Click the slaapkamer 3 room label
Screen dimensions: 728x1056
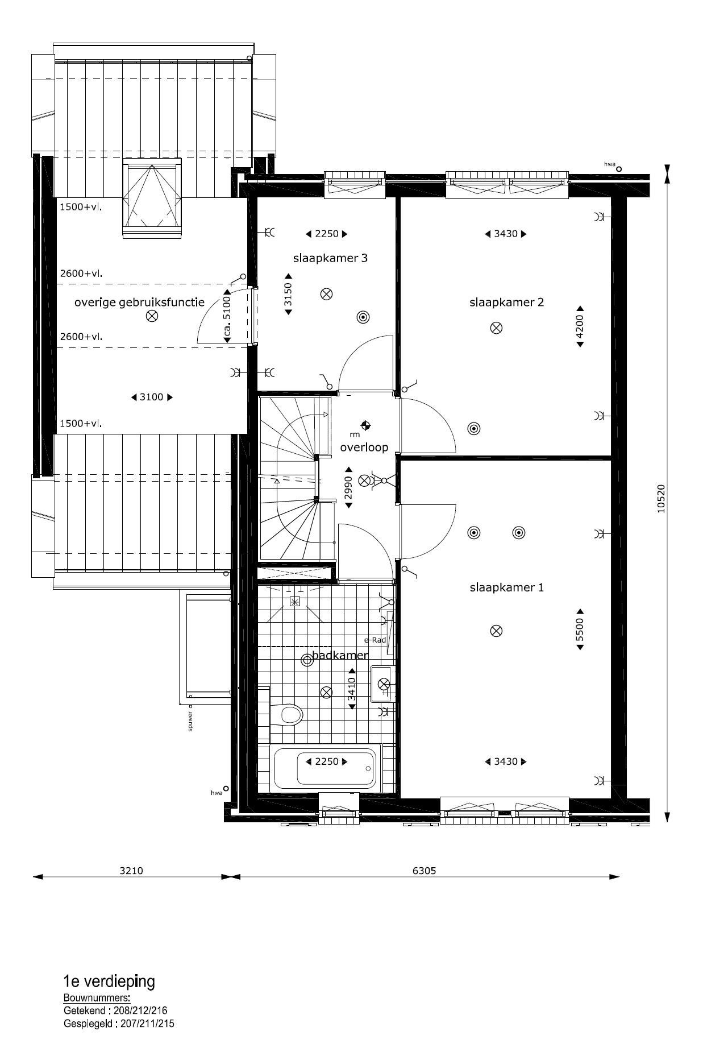(x=330, y=258)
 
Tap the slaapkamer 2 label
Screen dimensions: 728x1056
(x=506, y=302)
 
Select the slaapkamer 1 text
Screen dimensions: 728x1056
(x=506, y=587)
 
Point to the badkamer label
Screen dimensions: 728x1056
(x=340, y=655)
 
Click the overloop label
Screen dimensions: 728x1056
(x=364, y=448)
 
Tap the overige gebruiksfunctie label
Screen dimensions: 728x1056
(x=139, y=303)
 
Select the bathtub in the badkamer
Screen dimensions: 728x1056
(x=325, y=768)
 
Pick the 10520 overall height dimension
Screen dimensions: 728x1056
(x=660, y=499)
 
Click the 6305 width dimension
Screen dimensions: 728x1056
(x=425, y=871)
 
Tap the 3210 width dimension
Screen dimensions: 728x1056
(x=132, y=871)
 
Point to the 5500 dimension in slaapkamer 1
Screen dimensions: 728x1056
(x=580, y=630)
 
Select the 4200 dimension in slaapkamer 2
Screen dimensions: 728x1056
(x=580, y=327)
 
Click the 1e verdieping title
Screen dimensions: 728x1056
(x=109, y=981)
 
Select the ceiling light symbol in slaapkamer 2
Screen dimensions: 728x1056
(x=497, y=328)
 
